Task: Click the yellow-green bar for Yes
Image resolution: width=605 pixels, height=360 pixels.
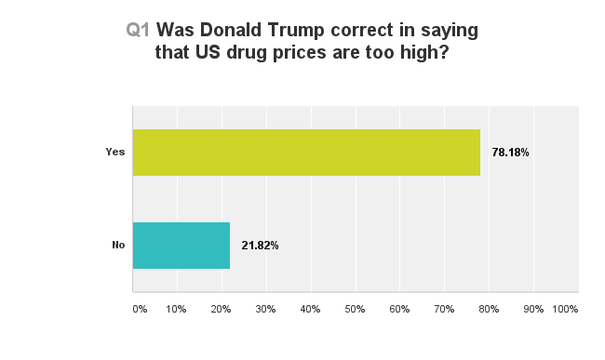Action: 306,153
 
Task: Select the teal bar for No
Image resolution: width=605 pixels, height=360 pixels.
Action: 181,246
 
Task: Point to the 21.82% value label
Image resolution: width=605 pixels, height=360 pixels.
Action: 260,246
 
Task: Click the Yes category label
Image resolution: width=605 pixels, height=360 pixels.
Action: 115,153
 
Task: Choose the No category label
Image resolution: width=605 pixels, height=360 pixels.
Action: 118,246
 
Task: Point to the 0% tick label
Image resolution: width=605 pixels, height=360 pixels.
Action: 140,308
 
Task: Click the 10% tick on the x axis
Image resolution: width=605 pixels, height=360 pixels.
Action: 177,308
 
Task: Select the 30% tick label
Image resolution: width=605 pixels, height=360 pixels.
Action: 266,308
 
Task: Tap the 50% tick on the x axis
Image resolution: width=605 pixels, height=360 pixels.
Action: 356,308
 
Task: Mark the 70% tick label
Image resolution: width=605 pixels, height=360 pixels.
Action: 445,308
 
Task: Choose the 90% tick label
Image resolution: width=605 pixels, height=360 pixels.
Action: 534,308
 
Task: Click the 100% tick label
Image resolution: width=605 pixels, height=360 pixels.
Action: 565,308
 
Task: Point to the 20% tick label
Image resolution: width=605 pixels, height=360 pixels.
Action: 222,308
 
